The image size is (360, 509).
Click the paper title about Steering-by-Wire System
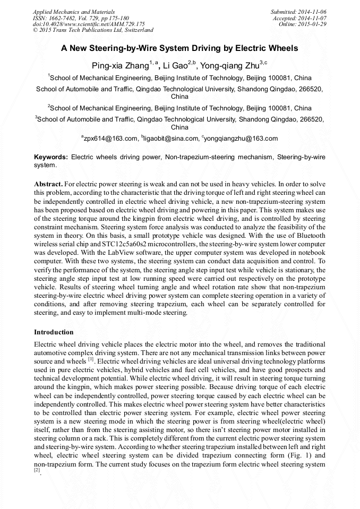179,48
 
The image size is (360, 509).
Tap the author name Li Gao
177,65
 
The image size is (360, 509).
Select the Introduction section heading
54,332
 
